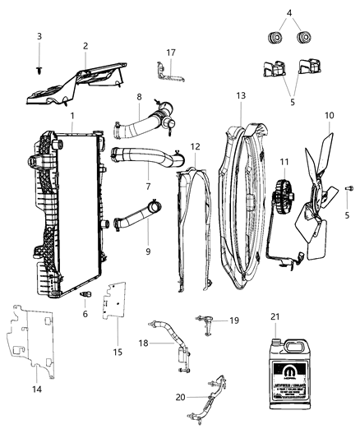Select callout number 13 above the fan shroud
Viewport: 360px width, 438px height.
pos(241,95)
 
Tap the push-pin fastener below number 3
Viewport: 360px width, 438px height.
pos(39,71)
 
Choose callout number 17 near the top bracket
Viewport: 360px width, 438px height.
pos(171,52)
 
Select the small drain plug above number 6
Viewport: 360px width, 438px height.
pos(85,293)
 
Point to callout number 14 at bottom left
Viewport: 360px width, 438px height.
pos(35,389)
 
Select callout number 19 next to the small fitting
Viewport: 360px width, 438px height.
pos(233,320)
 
